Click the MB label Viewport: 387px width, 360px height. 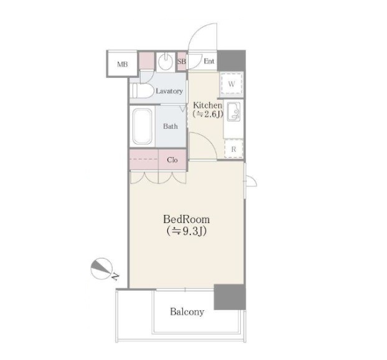coord(123,65)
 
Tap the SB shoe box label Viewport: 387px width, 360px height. coord(182,61)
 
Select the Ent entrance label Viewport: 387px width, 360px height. coord(209,61)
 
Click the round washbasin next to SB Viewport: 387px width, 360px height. coord(166,62)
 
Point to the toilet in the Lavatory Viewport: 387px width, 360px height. coord(141,91)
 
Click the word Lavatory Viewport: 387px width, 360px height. coord(169,91)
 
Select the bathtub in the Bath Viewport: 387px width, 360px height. coord(142,126)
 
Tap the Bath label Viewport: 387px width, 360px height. coord(170,126)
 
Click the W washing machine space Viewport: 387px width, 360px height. coord(231,83)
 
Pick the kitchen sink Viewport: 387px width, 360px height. coord(233,112)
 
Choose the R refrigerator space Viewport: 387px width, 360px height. coord(233,149)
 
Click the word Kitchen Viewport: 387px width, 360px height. coord(208,105)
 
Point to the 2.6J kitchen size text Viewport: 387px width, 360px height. coord(208,115)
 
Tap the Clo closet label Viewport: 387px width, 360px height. coord(172,160)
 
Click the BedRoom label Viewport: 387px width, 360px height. coord(186,219)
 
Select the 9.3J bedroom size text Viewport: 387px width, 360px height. coord(186,231)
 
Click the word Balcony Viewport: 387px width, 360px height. coord(187,312)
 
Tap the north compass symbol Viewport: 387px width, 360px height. coord(101,269)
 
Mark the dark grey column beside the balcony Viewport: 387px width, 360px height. coord(230,297)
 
